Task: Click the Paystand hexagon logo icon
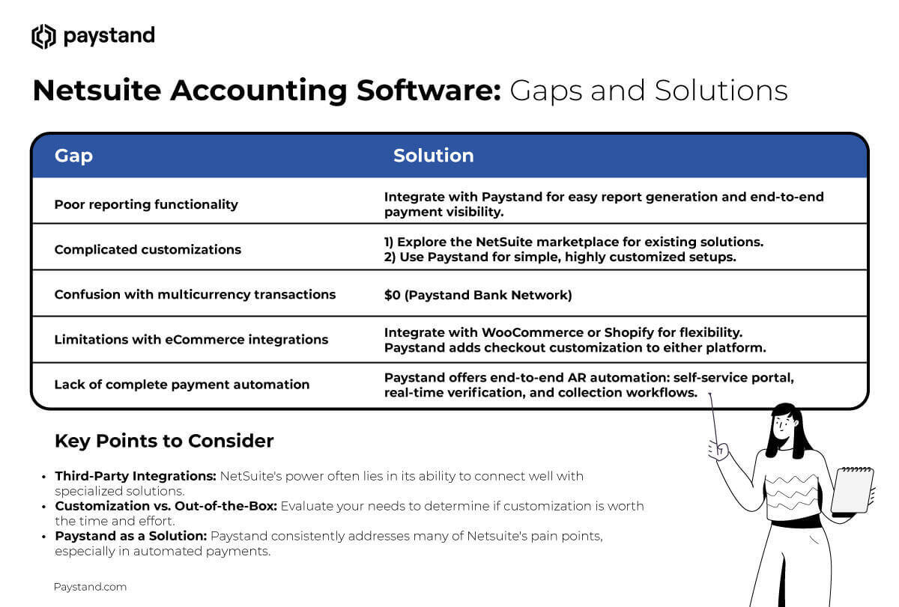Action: (x=43, y=36)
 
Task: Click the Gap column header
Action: (x=73, y=156)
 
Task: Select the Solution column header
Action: (x=433, y=156)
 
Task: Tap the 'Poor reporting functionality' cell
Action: (x=146, y=204)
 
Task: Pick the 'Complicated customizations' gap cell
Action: (x=148, y=249)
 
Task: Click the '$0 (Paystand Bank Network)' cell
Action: (x=477, y=295)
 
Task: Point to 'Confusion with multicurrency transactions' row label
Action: (x=195, y=294)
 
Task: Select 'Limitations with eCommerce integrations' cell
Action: (x=191, y=339)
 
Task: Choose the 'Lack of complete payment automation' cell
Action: (x=181, y=384)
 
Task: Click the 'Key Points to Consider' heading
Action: (x=164, y=441)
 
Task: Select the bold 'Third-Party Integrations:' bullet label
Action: (x=136, y=476)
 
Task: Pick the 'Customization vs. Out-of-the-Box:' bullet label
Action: (x=166, y=506)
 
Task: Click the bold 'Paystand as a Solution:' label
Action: (x=130, y=536)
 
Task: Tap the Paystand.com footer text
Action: (x=90, y=587)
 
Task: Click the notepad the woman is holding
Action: (x=853, y=490)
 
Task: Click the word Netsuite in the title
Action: (x=96, y=91)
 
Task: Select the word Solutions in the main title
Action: (x=721, y=91)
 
